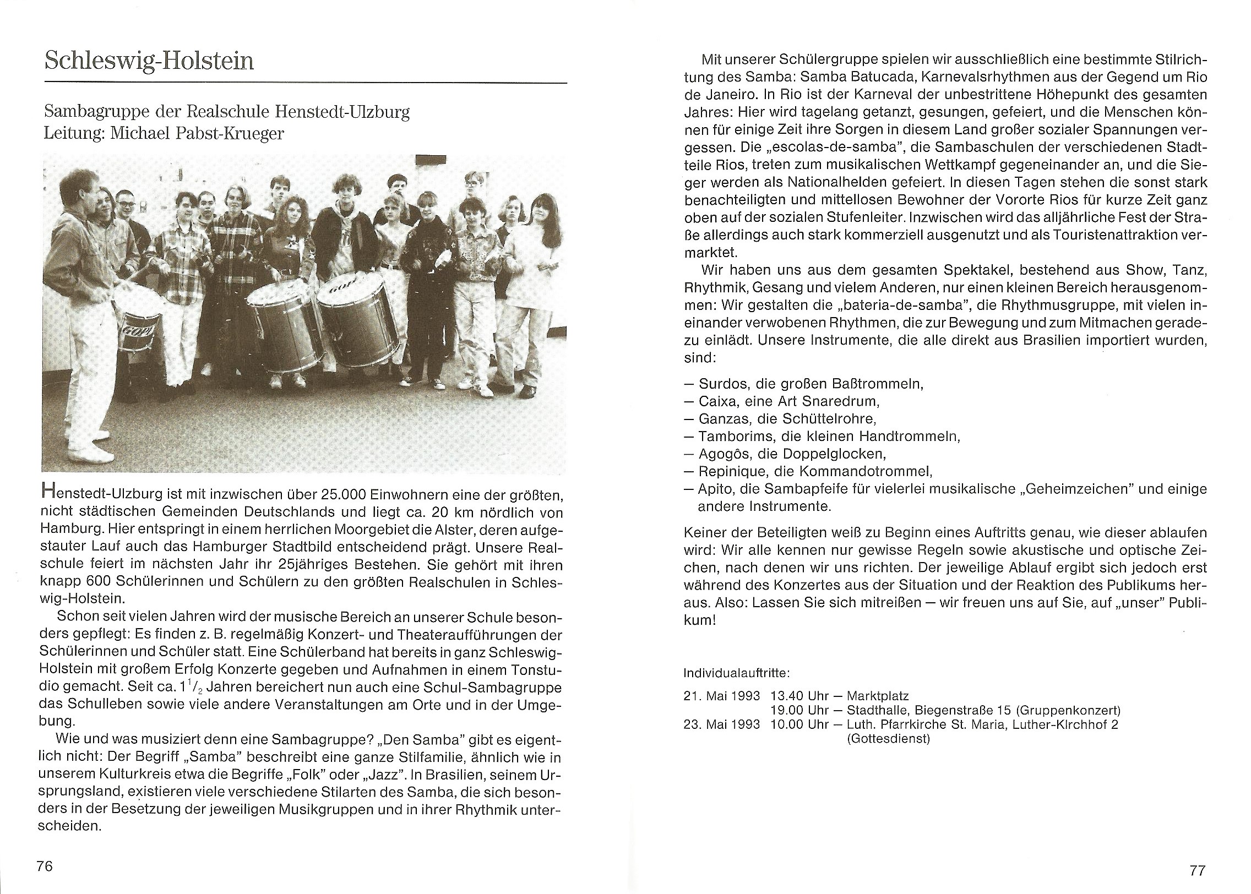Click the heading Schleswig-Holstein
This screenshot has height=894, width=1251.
[149, 61]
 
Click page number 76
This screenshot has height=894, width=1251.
[44, 866]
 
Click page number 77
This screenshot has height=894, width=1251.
[1197, 870]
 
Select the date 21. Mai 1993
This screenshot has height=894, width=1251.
[722, 696]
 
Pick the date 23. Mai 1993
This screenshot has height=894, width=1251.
[722, 724]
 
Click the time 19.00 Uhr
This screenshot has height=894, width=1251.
[799, 710]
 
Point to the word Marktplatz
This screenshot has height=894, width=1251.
[878, 696]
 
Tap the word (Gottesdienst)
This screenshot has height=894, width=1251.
[888, 739]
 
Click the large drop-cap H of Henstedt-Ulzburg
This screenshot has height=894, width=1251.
[48, 493]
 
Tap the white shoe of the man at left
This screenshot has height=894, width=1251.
[97, 453]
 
